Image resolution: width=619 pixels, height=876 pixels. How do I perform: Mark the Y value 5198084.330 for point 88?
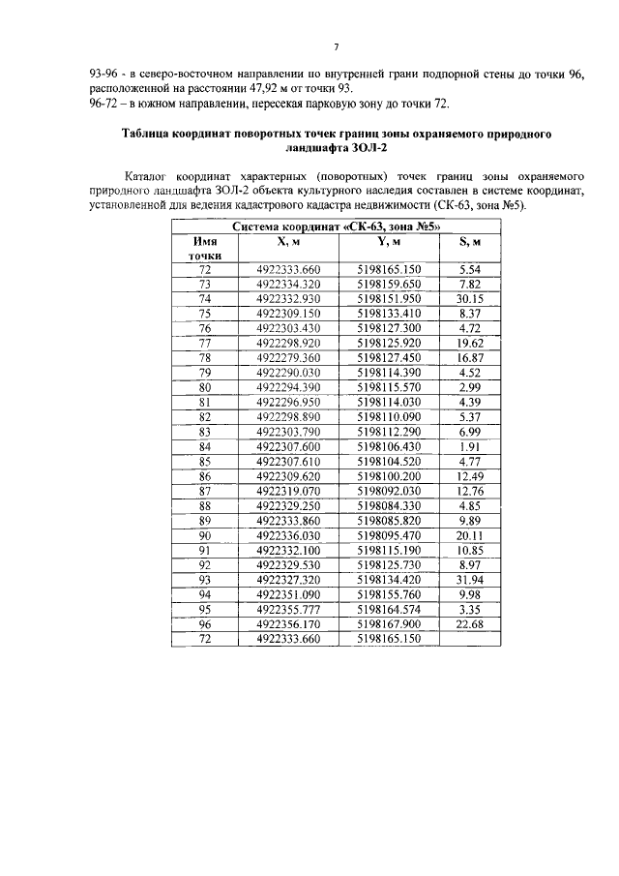click(389, 505)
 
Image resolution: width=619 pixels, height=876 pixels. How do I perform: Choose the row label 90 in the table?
click(204, 535)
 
